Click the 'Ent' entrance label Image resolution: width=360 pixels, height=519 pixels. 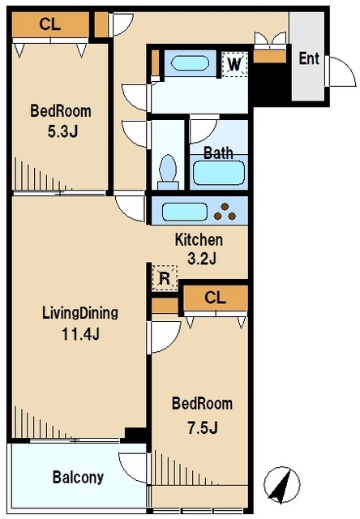309,58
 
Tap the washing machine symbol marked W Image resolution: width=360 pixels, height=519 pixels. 234,64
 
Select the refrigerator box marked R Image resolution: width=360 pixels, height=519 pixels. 165,278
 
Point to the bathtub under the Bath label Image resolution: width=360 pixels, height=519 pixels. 219,173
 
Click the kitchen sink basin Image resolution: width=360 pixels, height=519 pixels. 185,212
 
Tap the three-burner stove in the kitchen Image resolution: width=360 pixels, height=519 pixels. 225,212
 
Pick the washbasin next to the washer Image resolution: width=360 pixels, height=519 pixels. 190,63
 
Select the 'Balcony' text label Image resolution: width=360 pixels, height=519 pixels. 78,478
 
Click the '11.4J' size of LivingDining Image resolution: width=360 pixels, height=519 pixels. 80,335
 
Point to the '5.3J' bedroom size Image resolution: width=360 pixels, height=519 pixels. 62,131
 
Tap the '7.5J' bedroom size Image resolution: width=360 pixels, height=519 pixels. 203,428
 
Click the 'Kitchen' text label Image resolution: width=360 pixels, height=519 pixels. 199,240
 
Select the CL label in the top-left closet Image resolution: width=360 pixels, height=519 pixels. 50,24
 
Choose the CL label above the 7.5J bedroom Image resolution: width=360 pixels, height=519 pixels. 215,298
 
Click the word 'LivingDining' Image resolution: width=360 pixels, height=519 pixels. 80,313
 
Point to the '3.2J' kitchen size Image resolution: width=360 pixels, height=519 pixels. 202,259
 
